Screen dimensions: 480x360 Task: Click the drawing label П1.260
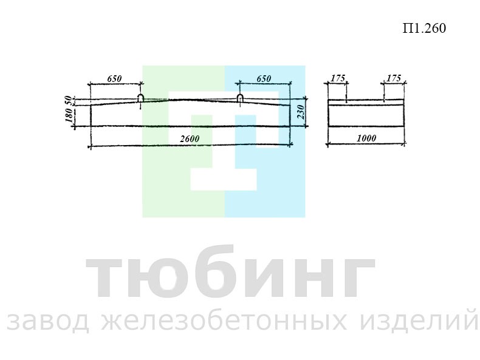424,28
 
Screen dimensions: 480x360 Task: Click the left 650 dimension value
114,78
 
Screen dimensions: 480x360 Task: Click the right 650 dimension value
264,78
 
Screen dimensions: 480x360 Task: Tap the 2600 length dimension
190,139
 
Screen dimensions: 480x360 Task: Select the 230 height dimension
301,112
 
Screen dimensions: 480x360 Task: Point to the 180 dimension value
69,115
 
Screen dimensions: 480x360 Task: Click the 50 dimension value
69,100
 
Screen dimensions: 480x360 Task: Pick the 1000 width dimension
366,138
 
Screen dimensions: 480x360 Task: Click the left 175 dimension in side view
338,78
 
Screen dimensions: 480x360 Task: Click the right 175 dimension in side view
393,78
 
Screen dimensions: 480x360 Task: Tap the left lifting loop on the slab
140,98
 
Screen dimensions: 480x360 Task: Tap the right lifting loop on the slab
240,98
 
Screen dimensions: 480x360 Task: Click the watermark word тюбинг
230,272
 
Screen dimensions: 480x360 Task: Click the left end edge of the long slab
91,115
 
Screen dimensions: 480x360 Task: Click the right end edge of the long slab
290,115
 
